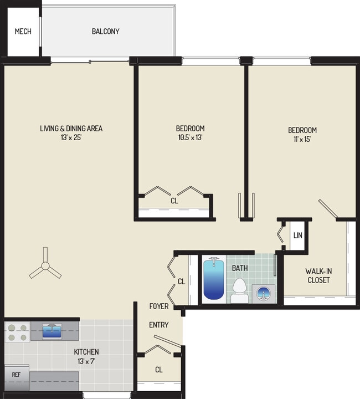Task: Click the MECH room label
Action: (x=23, y=32)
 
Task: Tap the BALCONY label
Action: (x=105, y=32)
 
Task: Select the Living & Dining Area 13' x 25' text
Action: (x=71, y=133)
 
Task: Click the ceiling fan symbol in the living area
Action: (x=45, y=269)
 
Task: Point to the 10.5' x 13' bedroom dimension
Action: (x=190, y=138)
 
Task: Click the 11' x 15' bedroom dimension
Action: (x=302, y=139)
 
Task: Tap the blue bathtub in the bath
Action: (x=214, y=279)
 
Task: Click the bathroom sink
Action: (x=263, y=293)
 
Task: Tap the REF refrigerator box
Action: (x=16, y=375)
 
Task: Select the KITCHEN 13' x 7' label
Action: (x=86, y=356)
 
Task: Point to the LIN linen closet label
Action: (x=298, y=235)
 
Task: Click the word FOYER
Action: (x=159, y=306)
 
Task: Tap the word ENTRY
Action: (x=158, y=325)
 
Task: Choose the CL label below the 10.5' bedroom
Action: (x=174, y=201)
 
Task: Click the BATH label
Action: (x=239, y=268)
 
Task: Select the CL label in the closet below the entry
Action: (x=158, y=370)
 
